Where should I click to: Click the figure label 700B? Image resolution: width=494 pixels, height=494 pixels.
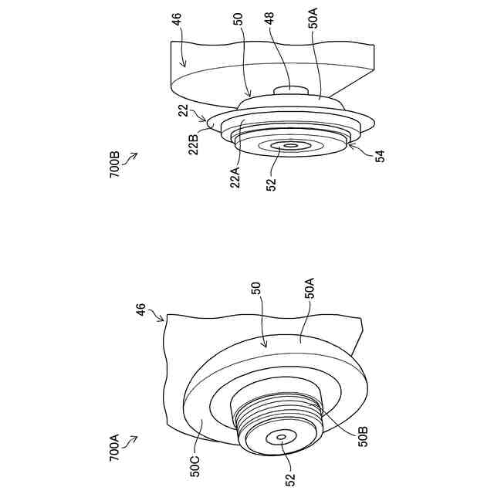coord(115,164)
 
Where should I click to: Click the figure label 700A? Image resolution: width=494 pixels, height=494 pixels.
coord(114,447)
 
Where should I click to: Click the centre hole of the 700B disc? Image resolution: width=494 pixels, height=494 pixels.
coord(291,145)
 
